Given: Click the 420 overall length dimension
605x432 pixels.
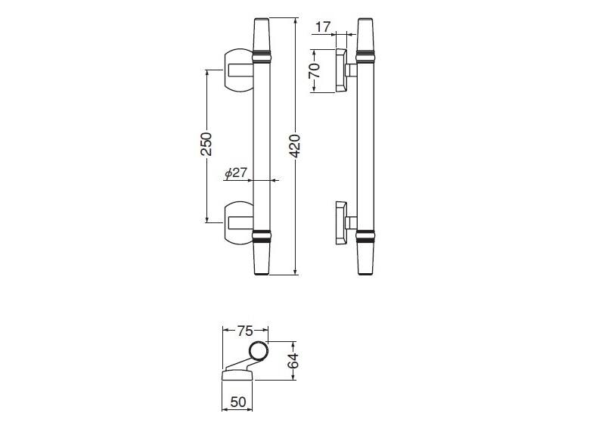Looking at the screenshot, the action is coord(295,146).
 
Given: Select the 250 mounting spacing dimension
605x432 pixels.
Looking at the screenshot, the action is coord(206,144).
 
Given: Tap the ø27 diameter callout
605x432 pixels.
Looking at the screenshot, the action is coord(236,173).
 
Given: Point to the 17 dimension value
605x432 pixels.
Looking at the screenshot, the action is coord(324,27).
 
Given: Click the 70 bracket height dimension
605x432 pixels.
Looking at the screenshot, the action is coord(315,70).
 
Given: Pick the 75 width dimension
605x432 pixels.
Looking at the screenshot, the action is coord(244,331).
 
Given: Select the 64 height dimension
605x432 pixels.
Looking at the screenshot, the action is coord(293,361).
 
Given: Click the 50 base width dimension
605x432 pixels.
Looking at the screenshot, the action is coord(237,402).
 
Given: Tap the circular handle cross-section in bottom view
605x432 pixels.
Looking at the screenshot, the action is coord(258,352).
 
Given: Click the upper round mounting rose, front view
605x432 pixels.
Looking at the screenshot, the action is coord(238,71).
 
